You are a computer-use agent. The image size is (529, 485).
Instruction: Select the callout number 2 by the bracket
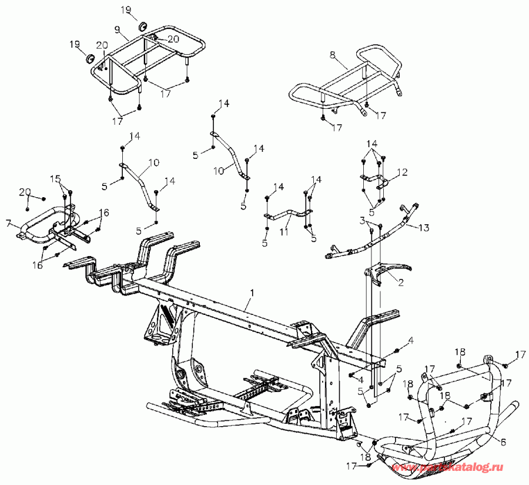(x=401, y=283)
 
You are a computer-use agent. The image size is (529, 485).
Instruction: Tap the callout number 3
(x=364, y=220)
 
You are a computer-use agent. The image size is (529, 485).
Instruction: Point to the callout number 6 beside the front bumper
(x=503, y=440)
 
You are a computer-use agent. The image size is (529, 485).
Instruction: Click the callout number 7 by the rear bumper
(x=8, y=224)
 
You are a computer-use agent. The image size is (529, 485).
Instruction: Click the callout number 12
(x=403, y=172)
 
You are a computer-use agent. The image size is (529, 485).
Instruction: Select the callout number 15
(x=55, y=178)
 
